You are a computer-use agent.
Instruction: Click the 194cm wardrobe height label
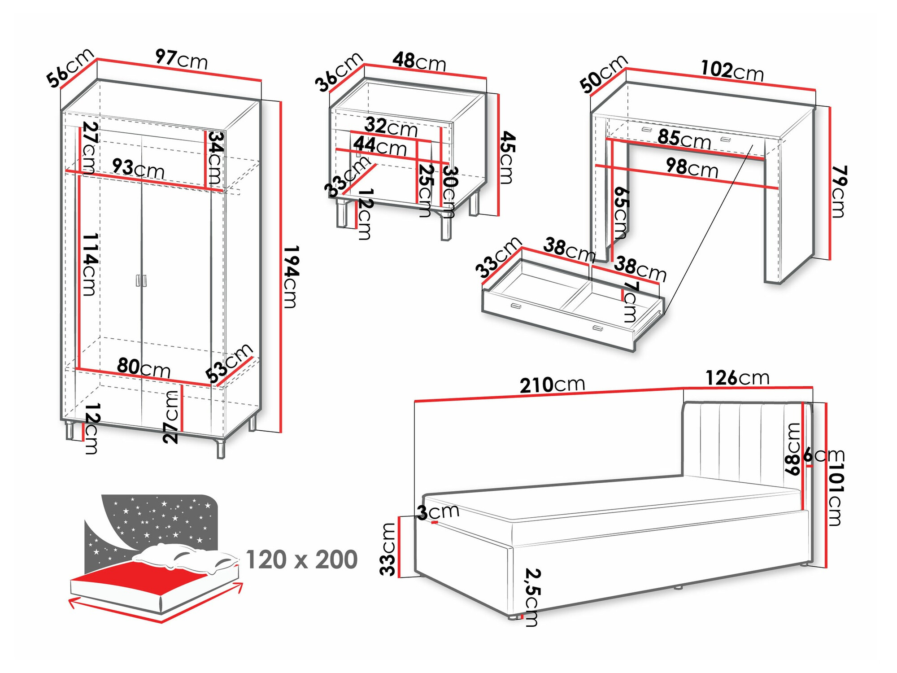[x=291, y=277]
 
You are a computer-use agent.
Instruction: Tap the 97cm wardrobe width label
[x=182, y=59]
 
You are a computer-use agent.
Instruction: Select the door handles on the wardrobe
[x=141, y=280]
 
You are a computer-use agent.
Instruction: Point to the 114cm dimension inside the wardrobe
[x=89, y=265]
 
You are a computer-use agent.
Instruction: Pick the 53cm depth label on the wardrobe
[x=229, y=363]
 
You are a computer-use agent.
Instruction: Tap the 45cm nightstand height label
[x=507, y=157]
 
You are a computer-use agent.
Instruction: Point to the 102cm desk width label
[x=732, y=71]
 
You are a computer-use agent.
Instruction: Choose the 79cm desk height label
[x=838, y=192]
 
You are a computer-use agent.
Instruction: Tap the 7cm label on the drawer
[x=630, y=302]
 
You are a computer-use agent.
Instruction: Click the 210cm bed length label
[x=552, y=385]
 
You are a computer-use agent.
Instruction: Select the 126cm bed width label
[x=737, y=378]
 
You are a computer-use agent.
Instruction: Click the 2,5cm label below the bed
[x=532, y=597]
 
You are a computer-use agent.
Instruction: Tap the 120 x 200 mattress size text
[x=301, y=560]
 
